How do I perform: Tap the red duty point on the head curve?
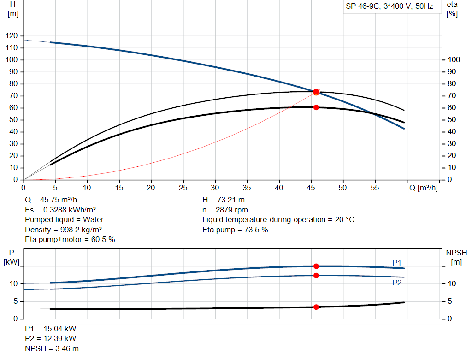[316, 92]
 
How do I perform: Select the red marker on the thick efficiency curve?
[316, 107]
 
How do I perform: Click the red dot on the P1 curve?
[316, 266]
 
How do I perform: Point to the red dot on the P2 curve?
[316, 276]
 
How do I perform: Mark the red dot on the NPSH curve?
[316, 307]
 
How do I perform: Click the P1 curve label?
[397, 263]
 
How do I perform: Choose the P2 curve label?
[397, 283]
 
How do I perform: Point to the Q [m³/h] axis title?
[423, 188]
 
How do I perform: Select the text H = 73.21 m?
[224, 200]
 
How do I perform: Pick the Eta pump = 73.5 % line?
[235, 229]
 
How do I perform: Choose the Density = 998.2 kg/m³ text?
[64, 229]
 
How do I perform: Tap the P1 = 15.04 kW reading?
[51, 329]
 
